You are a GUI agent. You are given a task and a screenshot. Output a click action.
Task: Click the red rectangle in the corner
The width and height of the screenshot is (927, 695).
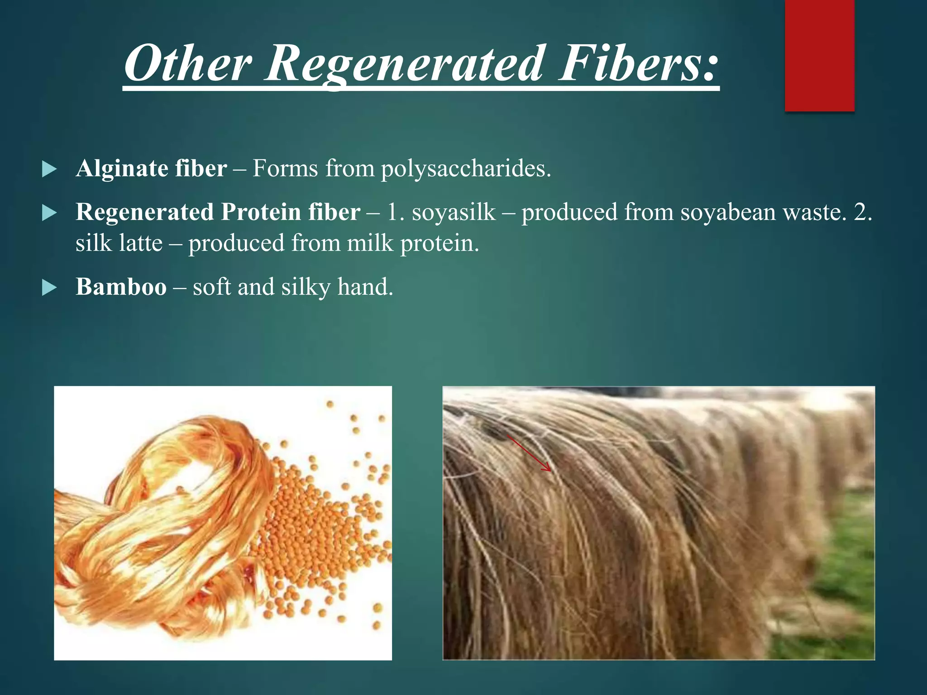[x=819, y=55]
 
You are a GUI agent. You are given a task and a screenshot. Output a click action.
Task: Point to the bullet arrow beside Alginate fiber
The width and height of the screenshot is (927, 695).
[x=49, y=170]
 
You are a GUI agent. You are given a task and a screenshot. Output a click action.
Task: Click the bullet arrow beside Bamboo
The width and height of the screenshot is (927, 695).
[x=49, y=288]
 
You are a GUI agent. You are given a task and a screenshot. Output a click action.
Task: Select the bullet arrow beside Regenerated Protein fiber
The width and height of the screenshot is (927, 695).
[x=49, y=213]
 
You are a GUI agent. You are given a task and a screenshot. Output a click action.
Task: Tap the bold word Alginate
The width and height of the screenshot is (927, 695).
[x=122, y=168]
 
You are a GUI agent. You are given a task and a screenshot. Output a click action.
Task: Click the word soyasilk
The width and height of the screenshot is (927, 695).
[x=454, y=212]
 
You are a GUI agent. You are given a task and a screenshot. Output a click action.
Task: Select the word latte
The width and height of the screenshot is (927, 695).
[x=141, y=243]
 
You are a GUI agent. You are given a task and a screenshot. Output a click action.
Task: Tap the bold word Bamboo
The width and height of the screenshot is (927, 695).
[x=121, y=287]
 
